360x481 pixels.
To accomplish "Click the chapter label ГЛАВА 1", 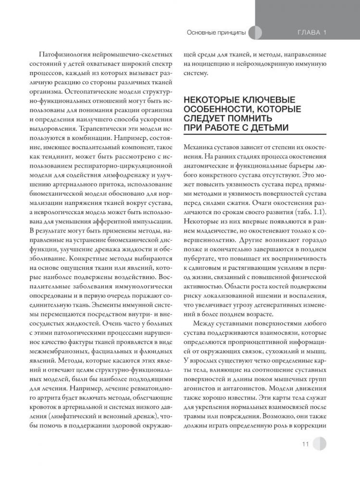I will [310, 33].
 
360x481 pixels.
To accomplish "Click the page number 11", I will [306, 443].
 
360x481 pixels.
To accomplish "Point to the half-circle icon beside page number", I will [319, 443].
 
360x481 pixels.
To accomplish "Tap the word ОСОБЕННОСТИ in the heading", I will [217, 109].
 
